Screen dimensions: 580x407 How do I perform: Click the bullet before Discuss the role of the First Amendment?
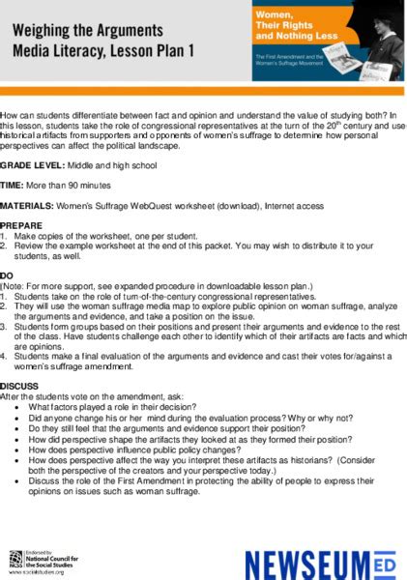point(19,480)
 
